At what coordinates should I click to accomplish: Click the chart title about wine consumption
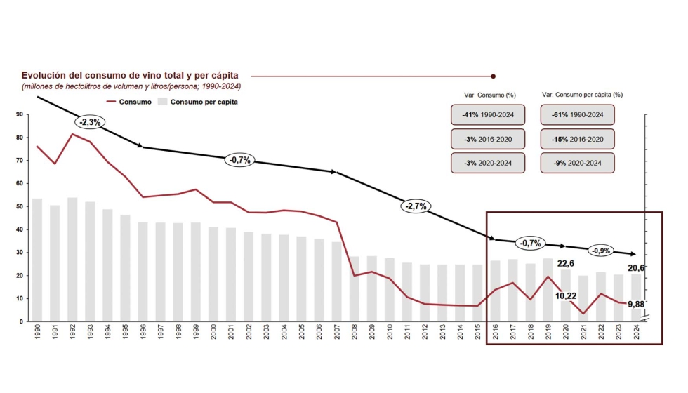pyautogui.click(x=130, y=75)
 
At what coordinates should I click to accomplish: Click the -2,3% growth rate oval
pyautogui.click(x=91, y=121)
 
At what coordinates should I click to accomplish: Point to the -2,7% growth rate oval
pyautogui.click(x=415, y=206)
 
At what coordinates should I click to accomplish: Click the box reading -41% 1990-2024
pyautogui.click(x=489, y=114)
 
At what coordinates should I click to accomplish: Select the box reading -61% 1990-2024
pyautogui.click(x=578, y=114)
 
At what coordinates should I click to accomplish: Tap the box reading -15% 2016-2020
pyautogui.click(x=578, y=139)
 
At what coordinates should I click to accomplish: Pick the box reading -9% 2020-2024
pyautogui.click(x=578, y=164)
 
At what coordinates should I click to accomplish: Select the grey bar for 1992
pyautogui.click(x=72, y=260)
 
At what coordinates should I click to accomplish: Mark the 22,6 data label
pyautogui.click(x=566, y=263)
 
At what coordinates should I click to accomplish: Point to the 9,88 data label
pyautogui.click(x=636, y=304)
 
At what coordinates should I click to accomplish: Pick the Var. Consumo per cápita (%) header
pyautogui.click(x=582, y=94)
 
